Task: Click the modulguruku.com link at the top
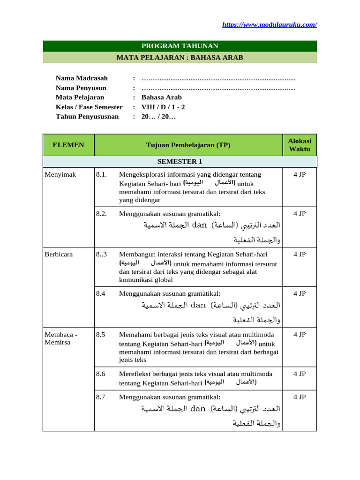pyautogui.click(x=269, y=24)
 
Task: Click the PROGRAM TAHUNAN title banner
pyautogui.click(x=180, y=46)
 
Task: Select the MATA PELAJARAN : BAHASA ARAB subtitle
pyautogui.click(x=180, y=58)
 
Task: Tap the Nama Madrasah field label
pyautogui.click(x=82, y=78)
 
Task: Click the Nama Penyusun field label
pyautogui.click(x=81, y=88)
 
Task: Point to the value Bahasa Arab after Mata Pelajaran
pyautogui.click(x=161, y=97)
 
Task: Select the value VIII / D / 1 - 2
pyautogui.click(x=163, y=107)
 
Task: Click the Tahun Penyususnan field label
pyautogui.click(x=87, y=117)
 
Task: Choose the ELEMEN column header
pyautogui.click(x=68, y=145)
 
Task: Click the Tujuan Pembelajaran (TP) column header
pyautogui.click(x=188, y=145)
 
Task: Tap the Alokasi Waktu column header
pyautogui.click(x=300, y=145)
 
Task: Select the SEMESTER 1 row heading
pyautogui.click(x=180, y=162)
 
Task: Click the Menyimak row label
pyautogui.click(x=60, y=174)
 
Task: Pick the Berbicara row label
pyautogui.click(x=59, y=254)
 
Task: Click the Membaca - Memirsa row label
pyautogui.click(x=61, y=338)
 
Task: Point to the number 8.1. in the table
pyautogui.click(x=102, y=174)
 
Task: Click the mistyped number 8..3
pyautogui.click(x=102, y=254)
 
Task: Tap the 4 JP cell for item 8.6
pyautogui.click(x=300, y=374)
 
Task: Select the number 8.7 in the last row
pyautogui.click(x=101, y=397)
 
